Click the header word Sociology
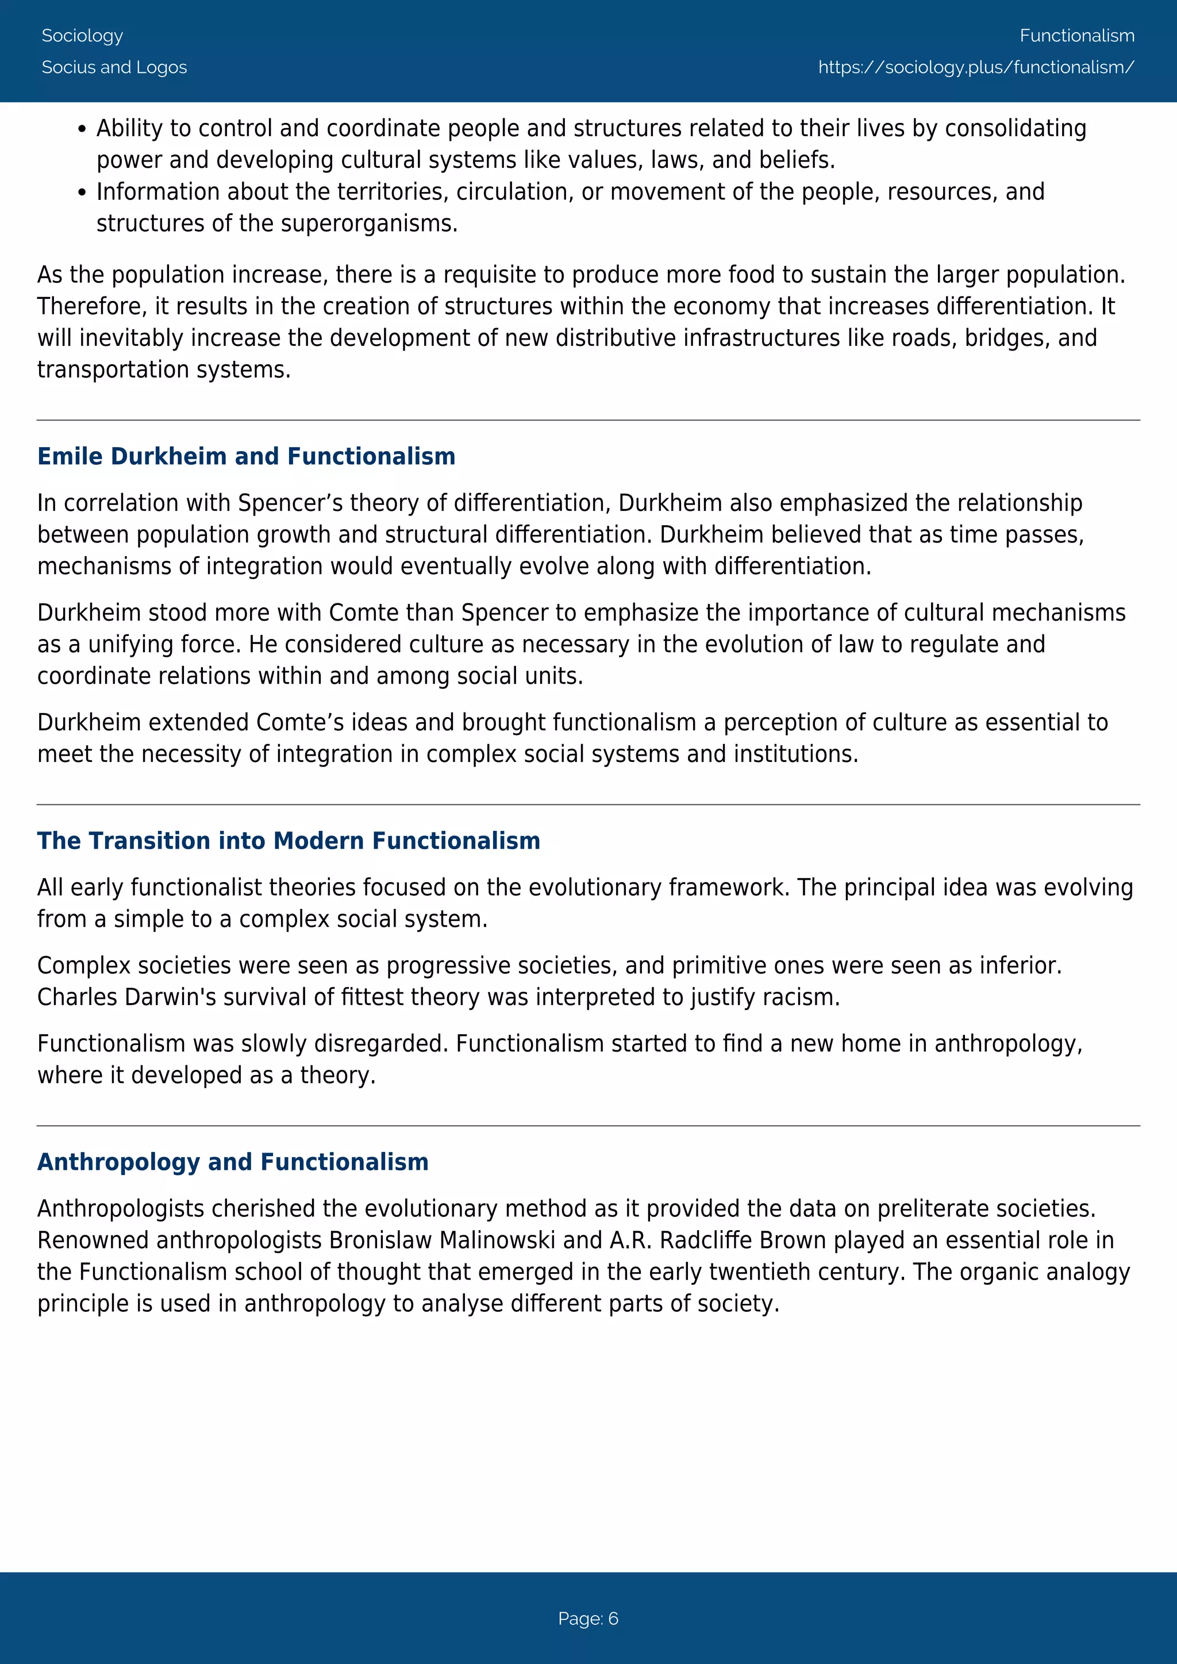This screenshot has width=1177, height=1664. point(82,36)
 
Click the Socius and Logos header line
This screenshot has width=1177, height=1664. point(114,67)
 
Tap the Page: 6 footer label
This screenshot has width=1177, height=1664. point(588,1619)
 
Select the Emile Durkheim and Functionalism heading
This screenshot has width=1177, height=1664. point(247,457)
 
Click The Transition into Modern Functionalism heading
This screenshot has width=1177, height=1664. point(289,841)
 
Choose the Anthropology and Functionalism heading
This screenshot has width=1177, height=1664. point(233,1162)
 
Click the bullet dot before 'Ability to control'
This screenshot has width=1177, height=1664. point(82,130)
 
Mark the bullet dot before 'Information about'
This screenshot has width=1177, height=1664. point(82,194)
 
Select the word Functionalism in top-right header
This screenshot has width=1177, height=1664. point(1076,36)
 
